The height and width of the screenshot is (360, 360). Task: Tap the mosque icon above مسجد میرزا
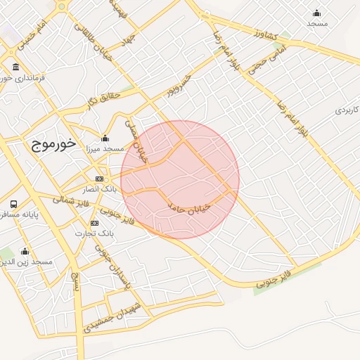coord(105,138)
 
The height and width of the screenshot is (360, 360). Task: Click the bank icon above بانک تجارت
coord(95,223)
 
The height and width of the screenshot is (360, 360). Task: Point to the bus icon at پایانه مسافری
coord(13,204)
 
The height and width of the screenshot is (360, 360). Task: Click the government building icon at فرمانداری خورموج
coord(15,67)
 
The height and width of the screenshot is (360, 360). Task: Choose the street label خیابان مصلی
coord(136,141)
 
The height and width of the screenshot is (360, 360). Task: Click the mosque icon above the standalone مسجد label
coord(316,13)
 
